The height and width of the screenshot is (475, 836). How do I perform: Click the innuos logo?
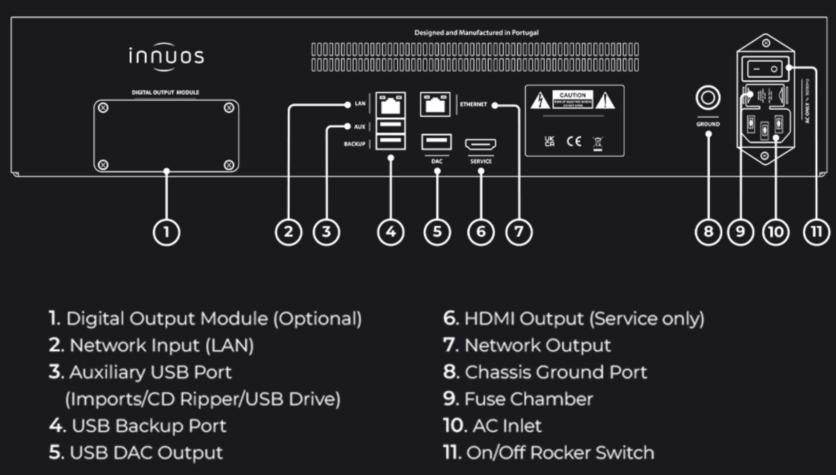(166, 56)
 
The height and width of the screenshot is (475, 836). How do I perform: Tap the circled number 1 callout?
(166, 232)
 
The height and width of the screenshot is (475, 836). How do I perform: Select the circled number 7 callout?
(518, 232)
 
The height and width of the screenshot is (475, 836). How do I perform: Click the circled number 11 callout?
(816, 232)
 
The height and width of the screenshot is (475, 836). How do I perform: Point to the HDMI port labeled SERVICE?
(480, 144)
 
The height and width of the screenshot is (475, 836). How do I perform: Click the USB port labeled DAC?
(436, 142)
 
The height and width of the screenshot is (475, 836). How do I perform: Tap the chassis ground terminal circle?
(708, 98)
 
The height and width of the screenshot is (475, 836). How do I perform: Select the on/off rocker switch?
(764, 69)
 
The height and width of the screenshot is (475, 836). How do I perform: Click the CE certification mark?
(573, 142)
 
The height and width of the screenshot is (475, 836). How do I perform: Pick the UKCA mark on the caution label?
(549, 142)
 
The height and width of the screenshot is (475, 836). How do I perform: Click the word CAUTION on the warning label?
(572, 95)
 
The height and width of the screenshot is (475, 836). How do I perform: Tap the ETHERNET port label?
(473, 104)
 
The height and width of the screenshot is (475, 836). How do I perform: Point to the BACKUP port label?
(354, 144)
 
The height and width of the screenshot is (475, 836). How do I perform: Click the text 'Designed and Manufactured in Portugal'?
(476, 32)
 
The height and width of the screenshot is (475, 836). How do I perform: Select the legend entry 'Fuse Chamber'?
(528, 399)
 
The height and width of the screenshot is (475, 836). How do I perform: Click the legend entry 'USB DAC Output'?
(146, 453)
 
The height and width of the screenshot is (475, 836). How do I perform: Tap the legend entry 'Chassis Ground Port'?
(555, 372)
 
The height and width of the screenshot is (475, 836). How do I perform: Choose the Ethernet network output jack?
(435, 104)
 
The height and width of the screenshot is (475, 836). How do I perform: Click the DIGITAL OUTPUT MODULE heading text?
(165, 92)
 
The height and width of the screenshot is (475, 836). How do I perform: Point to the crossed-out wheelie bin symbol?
(598, 142)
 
